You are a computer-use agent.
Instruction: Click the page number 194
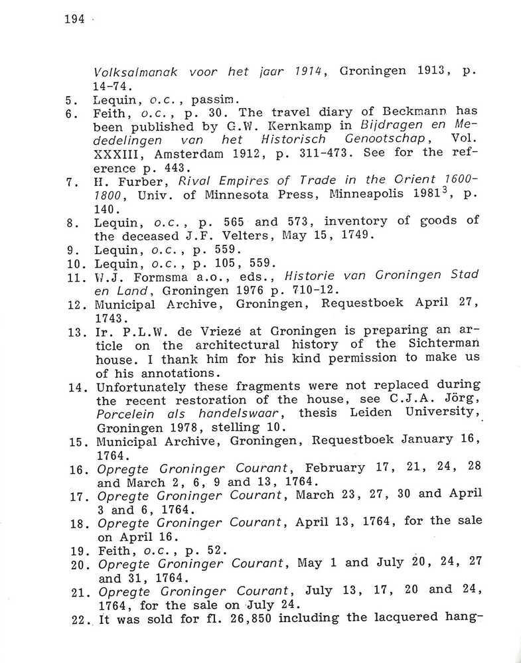point(74,19)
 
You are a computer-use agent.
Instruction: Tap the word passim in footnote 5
point(209,100)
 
